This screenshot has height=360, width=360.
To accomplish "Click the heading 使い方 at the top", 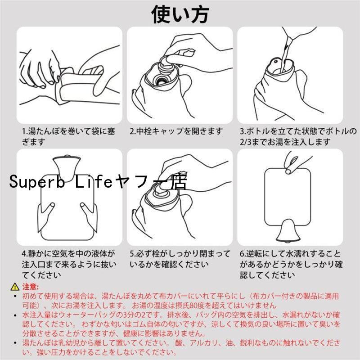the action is click(180, 14).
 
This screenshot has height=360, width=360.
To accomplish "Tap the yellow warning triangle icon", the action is click(15, 287).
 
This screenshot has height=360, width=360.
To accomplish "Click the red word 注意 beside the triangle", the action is click(30, 287).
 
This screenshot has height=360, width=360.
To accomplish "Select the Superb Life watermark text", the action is click(98, 181).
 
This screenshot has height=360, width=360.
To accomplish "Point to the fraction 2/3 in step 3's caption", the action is click(246, 142).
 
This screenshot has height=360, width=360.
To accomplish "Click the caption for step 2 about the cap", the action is click(176, 131).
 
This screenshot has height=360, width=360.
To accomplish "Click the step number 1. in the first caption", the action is click(25, 131).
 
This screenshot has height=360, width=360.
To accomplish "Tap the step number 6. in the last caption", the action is click(243, 254).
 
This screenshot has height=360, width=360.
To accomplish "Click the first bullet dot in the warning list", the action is click(15, 296).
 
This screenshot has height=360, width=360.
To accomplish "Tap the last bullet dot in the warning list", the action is click(15, 343).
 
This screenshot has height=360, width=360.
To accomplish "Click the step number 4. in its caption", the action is click(25, 254).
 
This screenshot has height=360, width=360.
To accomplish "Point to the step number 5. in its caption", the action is click(133, 254).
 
